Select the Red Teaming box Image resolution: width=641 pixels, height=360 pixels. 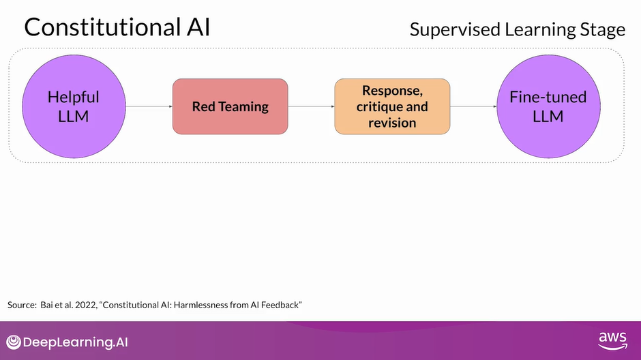pyautogui.click(x=230, y=106)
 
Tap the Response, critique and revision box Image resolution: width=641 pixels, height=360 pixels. pyautogui.click(x=392, y=106)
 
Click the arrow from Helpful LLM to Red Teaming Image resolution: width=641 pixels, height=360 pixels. pyautogui.click(x=148, y=106)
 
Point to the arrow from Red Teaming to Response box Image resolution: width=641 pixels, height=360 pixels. pyautogui.click(x=311, y=106)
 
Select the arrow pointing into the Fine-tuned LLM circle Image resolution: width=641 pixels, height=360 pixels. pyautogui.click(x=473, y=106)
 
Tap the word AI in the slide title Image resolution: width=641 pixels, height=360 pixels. pyautogui.click(x=196, y=27)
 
